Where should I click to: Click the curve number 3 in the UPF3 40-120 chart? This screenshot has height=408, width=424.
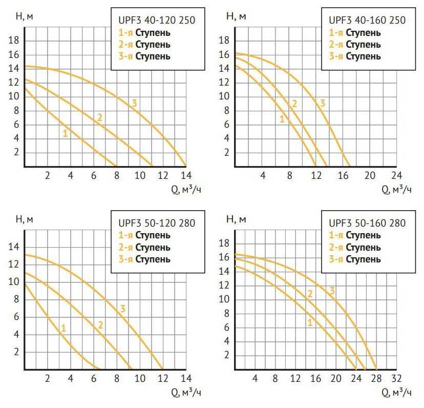point(134,103)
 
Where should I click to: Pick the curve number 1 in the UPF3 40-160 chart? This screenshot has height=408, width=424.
point(282,119)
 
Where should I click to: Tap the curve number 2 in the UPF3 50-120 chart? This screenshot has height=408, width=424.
point(100,325)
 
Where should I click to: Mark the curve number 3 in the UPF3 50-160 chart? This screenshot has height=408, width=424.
point(332,291)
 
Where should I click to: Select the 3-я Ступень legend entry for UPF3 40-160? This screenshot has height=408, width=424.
point(355,56)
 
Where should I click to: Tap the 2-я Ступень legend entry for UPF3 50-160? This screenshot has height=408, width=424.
point(355,247)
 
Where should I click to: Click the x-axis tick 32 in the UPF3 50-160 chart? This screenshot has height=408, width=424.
point(396,379)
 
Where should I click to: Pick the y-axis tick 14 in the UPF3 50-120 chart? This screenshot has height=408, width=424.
point(15,247)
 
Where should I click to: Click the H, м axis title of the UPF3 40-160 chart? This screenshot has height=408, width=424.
point(236,16)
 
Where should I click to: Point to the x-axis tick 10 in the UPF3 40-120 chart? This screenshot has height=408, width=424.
point(140,175)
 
